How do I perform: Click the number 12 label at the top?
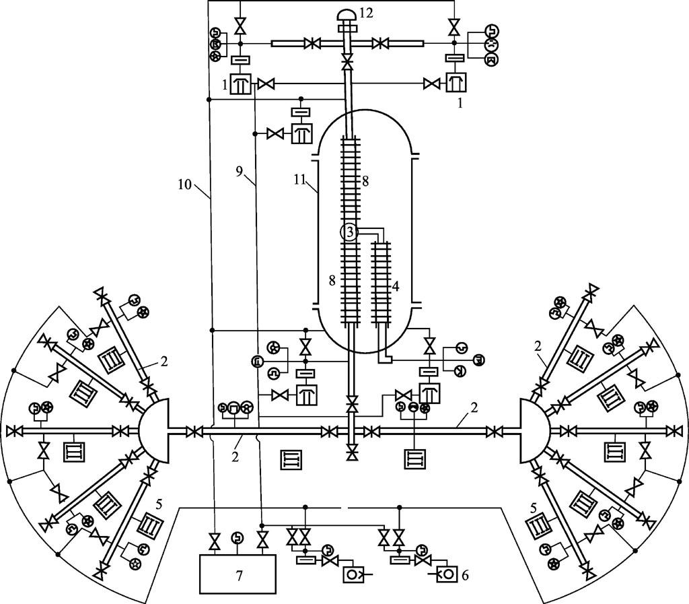[365, 13]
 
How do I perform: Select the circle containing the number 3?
[349, 232]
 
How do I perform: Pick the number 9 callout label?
[240, 172]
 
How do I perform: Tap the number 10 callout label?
[185, 184]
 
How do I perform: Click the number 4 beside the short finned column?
[395, 287]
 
